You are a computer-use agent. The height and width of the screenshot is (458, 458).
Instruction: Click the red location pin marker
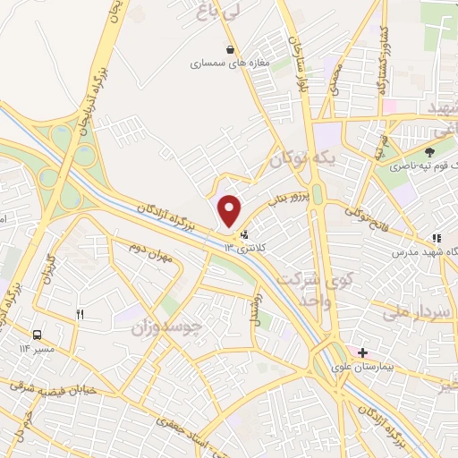coord(230,210)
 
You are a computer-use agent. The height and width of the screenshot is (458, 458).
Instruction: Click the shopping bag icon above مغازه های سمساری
coord(231,49)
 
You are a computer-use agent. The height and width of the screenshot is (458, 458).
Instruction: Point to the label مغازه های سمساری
coord(221,64)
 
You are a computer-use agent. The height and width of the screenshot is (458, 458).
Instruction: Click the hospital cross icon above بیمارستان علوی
coord(362,352)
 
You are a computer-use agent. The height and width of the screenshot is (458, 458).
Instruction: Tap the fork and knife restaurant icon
coord(80,314)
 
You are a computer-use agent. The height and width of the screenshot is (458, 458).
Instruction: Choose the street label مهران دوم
coord(148,251)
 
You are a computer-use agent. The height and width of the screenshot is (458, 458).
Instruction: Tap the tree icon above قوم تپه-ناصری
coord(429,153)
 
